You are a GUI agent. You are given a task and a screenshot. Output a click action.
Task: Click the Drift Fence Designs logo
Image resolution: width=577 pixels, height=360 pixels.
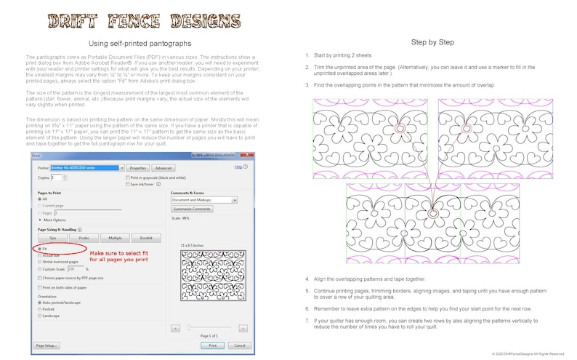(x=144, y=20)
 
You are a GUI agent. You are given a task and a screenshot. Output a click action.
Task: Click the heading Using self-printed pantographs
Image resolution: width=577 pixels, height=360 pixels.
(x=143, y=44)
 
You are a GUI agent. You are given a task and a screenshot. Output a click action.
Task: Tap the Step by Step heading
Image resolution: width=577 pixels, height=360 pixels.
(x=433, y=42)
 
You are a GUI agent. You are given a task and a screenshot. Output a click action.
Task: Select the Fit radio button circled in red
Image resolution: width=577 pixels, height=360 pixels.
(x=40, y=249)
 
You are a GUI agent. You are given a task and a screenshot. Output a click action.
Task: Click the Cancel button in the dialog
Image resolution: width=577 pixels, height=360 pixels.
(x=239, y=345)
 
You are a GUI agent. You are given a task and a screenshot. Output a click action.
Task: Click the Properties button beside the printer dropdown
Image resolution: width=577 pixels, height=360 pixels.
(x=137, y=167)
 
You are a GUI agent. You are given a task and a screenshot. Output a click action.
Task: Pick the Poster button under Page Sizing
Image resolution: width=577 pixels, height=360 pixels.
(x=84, y=238)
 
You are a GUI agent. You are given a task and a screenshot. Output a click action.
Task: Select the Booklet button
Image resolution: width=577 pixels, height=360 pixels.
(x=145, y=238)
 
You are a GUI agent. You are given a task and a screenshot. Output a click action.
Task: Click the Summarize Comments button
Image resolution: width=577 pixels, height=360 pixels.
(x=192, y=209)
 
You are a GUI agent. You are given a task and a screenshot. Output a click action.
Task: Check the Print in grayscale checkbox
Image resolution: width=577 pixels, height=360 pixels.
(x=128, y=177)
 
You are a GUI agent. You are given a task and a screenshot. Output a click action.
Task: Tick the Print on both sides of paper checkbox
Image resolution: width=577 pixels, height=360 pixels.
(x=40, y=287)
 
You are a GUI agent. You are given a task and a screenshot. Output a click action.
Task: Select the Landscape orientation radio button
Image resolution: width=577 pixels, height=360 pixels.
(x=40, y=315)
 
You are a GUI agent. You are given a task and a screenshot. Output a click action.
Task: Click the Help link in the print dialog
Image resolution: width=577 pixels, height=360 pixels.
(x=238, y=167)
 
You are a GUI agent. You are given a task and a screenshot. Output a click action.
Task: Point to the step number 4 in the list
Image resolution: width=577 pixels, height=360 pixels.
(x=307, y=279)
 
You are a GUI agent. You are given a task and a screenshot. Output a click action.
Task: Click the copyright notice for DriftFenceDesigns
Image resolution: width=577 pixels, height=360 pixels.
(x=528, y=353)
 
